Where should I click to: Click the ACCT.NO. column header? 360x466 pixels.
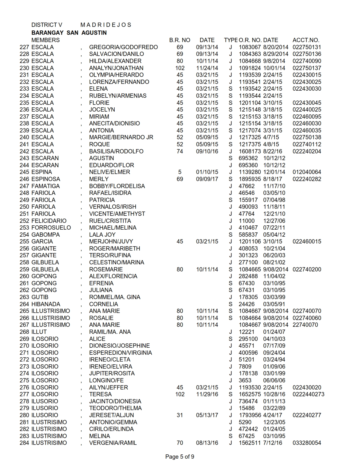coord(306,40)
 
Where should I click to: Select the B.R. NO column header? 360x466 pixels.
coord(180,40)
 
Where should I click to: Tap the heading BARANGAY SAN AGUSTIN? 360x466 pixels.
coord(69,33)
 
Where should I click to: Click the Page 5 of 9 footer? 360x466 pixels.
coord(180,457)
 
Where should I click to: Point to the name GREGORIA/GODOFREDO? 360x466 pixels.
coord(123,47)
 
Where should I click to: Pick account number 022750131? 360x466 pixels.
coord(307,47)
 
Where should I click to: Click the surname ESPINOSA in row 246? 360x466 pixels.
coord(46,179)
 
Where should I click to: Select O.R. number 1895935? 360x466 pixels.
coord(250,179)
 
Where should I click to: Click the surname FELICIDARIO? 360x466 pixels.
coord(49,221)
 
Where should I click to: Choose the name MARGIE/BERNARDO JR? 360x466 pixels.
coord(121,137)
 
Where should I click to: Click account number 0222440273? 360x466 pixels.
coord(308,394)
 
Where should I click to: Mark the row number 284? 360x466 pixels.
coord(24,443)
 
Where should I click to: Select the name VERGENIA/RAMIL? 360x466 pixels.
coord(113,443)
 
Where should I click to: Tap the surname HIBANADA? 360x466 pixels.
coord(46,304)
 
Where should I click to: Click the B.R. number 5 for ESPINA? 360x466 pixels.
coord(180,172)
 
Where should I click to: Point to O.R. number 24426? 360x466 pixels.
coord(246,304)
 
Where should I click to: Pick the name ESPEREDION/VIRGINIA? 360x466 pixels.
coord(120,353)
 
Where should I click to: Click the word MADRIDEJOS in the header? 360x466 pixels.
coord(106,25)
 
